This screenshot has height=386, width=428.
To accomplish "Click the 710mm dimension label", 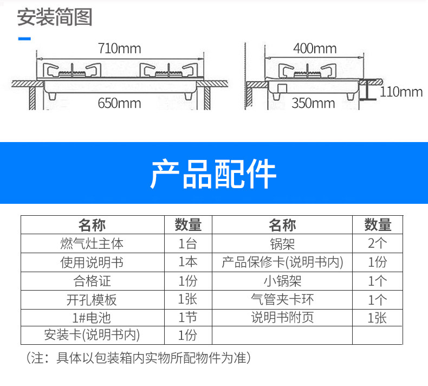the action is click(119, 49).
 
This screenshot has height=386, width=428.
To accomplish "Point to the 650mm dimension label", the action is click(119, 102).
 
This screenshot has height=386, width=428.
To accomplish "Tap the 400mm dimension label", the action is click(314, 49).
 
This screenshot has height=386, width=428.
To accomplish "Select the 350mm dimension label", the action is click(313, 102).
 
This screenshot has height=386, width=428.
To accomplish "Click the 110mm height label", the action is click(401, 92).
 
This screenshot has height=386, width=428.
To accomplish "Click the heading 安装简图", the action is click(55, 17).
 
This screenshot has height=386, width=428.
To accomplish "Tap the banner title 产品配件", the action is click(213, 173).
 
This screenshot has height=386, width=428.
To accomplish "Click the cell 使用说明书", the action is click(92, 262).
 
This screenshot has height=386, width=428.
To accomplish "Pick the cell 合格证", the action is click(92, 281).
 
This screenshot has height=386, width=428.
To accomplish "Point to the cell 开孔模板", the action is click(92, 299).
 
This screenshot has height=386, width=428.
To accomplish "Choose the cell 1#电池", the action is click(92, 317).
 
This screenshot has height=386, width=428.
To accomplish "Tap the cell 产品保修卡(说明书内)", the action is click(282, 262).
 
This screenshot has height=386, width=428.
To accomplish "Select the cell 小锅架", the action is click(282, 281).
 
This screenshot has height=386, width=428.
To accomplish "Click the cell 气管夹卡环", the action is click(282, 299).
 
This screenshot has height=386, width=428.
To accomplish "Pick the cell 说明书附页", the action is click(282, 317).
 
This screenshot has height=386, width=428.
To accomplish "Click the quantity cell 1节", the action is click(188, 317).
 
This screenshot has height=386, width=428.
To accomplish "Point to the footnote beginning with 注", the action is click(138, 358).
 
